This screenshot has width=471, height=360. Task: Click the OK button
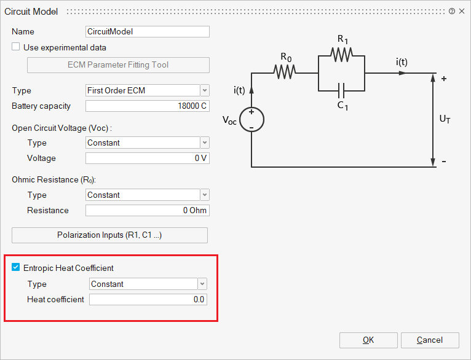tap(368, 340)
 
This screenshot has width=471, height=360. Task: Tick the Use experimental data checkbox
tap(16, 47)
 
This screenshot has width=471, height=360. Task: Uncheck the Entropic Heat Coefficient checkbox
tap(16, 267)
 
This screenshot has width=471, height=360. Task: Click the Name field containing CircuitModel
tap(148, 31)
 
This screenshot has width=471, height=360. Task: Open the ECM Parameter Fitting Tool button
tap(118, 65)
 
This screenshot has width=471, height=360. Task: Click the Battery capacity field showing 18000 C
tap(148, 106)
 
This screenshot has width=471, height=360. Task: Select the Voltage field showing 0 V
tap(148, 158)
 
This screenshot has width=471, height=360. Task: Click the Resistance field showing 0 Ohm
tap(148, 211)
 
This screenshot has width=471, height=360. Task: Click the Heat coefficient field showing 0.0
tap(148, 300)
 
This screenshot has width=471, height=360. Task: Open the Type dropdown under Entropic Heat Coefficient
tap(148, 284)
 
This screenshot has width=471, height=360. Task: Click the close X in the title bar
tap(462, 11)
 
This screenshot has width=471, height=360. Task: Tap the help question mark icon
tap(452, 11)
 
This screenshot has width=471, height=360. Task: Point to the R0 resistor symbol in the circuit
tap(285, 72)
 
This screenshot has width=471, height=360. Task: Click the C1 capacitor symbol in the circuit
tap(341, 91)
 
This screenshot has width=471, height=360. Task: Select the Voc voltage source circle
tap(251, 119)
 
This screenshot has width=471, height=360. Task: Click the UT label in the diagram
tap(445, 120)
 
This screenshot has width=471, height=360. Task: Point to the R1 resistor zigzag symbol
tap(341, 55)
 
